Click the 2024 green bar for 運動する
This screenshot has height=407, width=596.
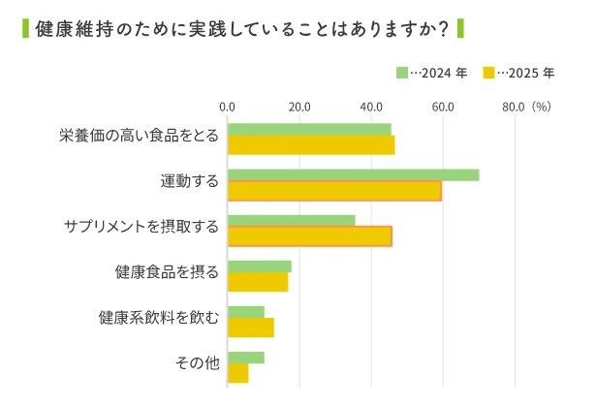click(x=353, y=174)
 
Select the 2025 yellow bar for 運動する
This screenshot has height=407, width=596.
click(x=334, y=191)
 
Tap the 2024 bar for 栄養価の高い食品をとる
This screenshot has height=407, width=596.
click(x=309, y=129)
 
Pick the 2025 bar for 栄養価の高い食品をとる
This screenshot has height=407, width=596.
click(x=311, y=145)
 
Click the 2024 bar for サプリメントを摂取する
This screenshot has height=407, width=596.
click(x=291, y=220)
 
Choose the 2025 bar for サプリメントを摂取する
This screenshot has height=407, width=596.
click(x=309, y=235)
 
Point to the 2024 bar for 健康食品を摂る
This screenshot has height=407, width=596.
click(x=259, y=266)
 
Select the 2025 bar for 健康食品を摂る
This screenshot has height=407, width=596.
click(x=258, y=282)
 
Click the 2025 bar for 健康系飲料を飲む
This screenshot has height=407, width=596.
click(x=251, y=328)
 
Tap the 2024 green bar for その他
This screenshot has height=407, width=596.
click(x=245, y=358)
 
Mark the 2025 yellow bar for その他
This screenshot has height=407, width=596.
click(x=237, y=373)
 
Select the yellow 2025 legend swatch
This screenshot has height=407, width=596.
click(x=489, y=73)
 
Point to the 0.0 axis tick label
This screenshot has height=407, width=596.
click(x=228, y=107)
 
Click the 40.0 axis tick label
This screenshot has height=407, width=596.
click(x=371, y=107)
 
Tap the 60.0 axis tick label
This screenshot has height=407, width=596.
click(x=443, y=107)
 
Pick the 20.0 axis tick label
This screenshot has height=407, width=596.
click(x=299, y=107)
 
